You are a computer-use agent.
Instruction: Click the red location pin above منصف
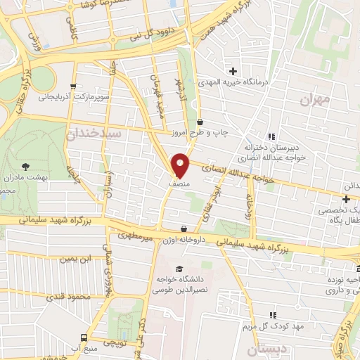click(181, 165)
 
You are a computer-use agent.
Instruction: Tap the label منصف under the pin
click(179, 182)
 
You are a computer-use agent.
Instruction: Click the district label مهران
click(314, 99)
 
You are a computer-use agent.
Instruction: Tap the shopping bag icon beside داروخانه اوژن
click(184, 229)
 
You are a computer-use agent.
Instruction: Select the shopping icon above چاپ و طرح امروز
click(200, 122)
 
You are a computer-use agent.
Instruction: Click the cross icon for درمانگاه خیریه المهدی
click(233, 70)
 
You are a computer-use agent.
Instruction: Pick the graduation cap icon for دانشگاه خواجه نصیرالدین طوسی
click(179, 269)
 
